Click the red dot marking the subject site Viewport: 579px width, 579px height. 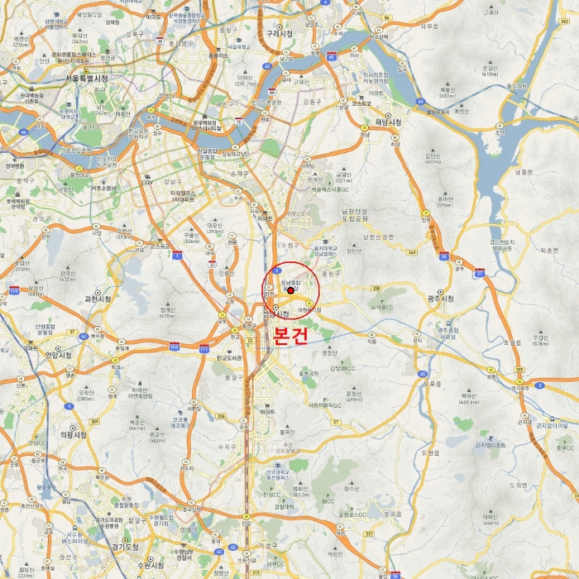pyautogui.click(x=290, y=290)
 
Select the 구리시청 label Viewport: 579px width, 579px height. pyautogui.click(x=280, y=34)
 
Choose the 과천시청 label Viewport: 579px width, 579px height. pyautogui.click(x=98, y=299)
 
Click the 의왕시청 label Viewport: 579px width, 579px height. pyautogui.click(x=73, y=433)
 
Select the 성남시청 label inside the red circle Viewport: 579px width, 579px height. pyautogui.click(x=276, y=313)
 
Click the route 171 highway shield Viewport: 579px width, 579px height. pyautogui.click(x=203, y=348)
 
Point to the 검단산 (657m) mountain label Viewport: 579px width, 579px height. pyautogui.click(x=433, y=157)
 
